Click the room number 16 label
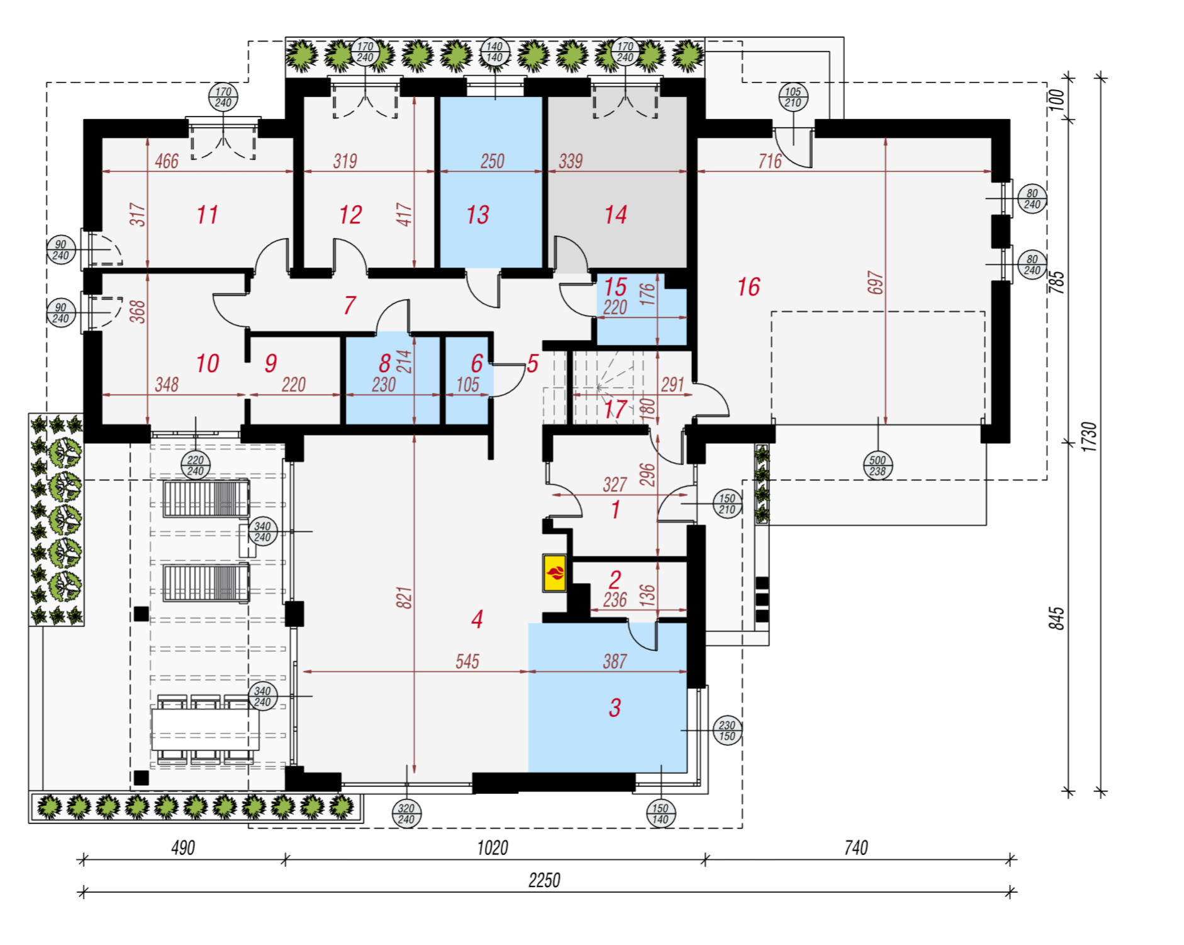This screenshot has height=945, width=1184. tap(749, 287)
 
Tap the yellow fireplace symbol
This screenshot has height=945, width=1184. tap(555, 573)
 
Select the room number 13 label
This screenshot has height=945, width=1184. tap(478, 215)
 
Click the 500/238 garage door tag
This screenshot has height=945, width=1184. tap(878, 466)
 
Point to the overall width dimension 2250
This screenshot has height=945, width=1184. tap(544, 880)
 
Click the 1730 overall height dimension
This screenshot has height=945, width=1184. tap(1090, 436)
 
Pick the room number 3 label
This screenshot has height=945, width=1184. tap(615, 708)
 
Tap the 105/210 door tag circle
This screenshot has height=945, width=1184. tap(793, 97)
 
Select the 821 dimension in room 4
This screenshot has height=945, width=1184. tap(404, 597)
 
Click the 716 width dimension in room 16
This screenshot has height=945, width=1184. tap(770, 161)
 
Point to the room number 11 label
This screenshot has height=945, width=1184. tap(207, 215)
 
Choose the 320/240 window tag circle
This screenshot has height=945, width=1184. tap(406, 813)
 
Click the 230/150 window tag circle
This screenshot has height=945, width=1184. tap(727, 730)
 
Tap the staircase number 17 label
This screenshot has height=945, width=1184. tap(615, 410)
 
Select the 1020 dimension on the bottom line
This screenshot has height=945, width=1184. tap(493, 847)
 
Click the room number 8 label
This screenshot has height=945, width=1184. tap(384, 363)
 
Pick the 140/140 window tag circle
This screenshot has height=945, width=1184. tap(494, 52)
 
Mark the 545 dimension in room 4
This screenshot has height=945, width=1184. tap(467, 661)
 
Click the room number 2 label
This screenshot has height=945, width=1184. tap(615, 579)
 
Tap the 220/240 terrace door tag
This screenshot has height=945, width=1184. tap(196, 465)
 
